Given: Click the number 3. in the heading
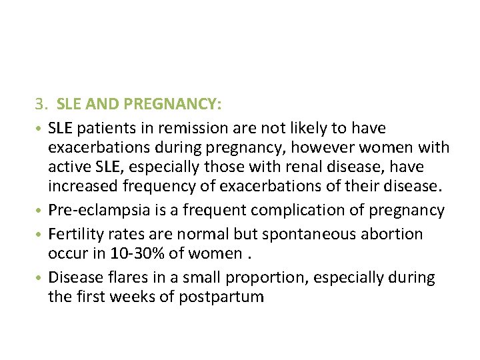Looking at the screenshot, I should [42, 104].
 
